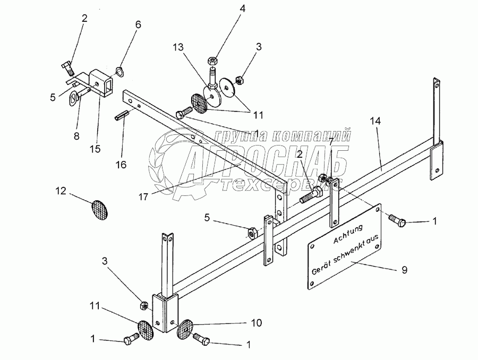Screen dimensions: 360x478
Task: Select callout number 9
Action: point(404,270)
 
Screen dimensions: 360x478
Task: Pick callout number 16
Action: point(121,165)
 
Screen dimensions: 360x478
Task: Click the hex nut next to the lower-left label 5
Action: point(253,232)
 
